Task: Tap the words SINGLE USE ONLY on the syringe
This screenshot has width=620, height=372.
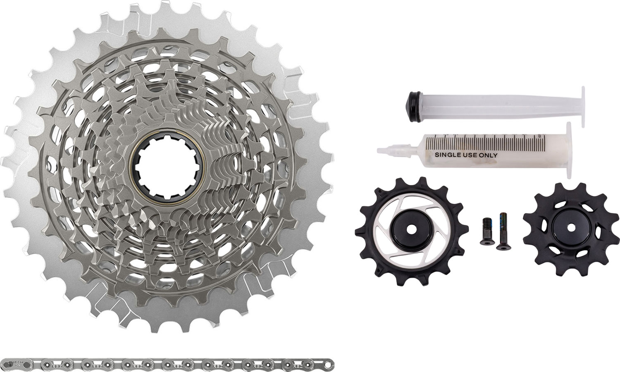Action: [466, 155]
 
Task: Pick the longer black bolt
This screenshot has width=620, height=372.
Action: [503, 231]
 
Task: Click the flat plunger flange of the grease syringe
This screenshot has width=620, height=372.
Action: [568, 150]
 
